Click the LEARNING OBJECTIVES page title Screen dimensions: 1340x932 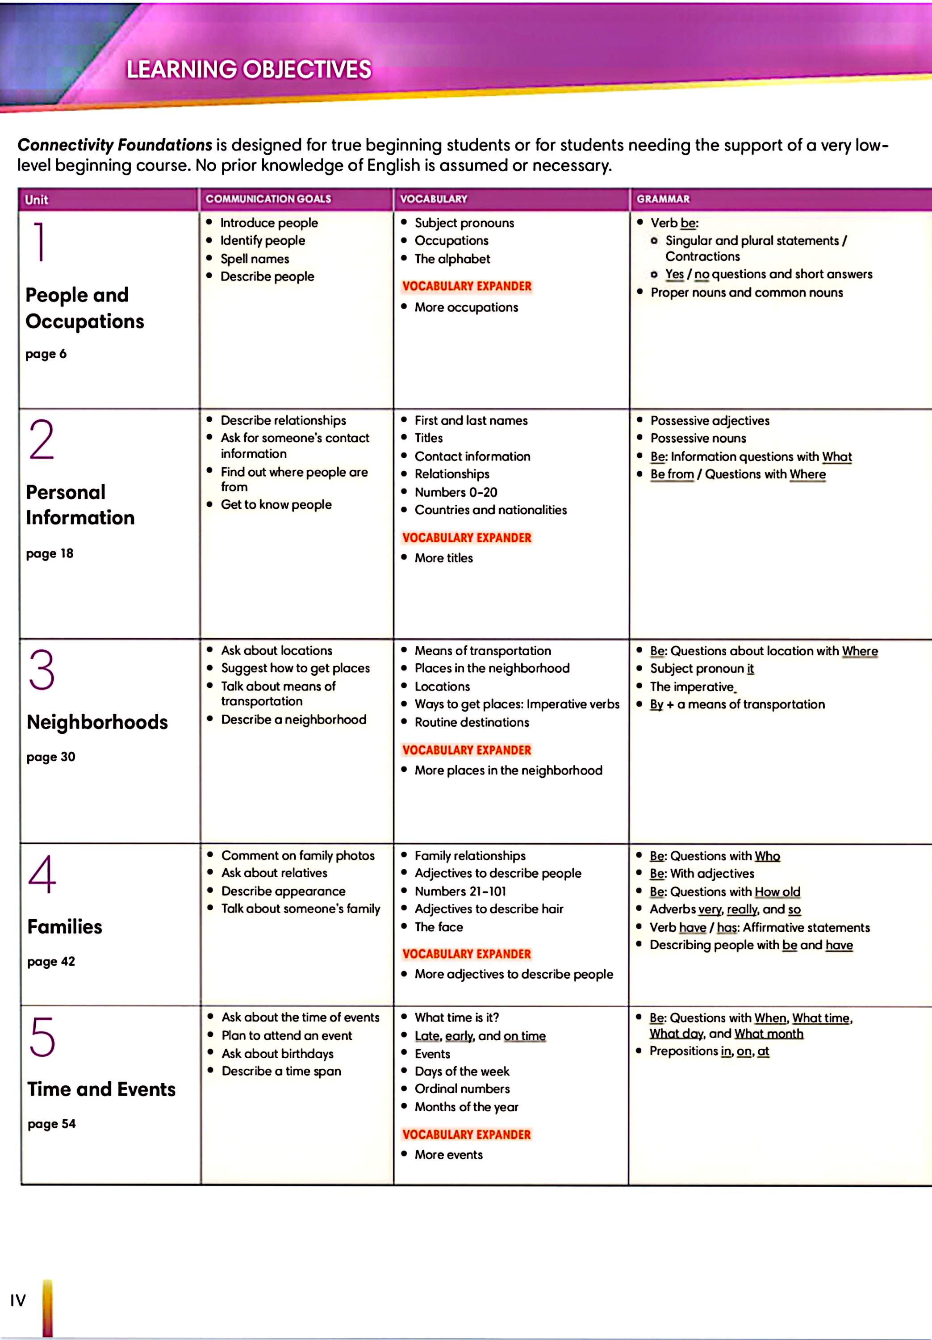249,69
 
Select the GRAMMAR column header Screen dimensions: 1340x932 663,199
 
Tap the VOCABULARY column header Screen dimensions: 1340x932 434,199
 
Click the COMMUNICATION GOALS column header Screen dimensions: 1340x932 268,199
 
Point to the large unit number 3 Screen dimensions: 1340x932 42,670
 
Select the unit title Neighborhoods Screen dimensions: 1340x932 97,722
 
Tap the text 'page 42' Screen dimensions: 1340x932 51,961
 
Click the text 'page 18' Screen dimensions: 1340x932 50,553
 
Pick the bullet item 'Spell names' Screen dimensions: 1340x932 255,259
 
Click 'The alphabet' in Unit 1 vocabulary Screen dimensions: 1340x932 452,259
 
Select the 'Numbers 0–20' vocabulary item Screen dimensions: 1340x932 456,492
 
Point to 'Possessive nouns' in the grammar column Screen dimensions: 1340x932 698,438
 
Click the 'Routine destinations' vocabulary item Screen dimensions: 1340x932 472,722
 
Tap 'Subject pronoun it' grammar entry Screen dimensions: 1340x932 702,668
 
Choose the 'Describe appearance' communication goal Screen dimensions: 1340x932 283,891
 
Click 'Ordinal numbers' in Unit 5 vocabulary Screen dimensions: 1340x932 462,1089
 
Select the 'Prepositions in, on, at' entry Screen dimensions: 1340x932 709,1051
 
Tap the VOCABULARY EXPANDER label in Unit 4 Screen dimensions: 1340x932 467,954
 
